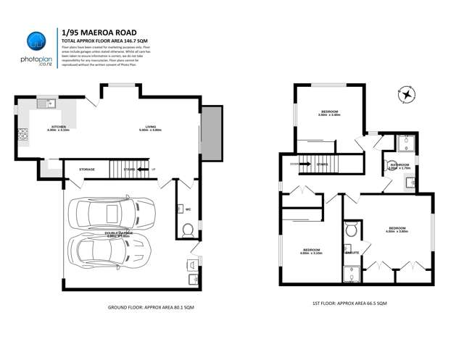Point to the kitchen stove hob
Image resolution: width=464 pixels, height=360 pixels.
point(22,133)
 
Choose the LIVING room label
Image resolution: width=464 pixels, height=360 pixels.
point(150,127)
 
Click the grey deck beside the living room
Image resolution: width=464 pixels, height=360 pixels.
point(211,133)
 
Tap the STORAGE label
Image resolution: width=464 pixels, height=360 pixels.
point(87,169)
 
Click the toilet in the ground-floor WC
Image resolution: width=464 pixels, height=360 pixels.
point(187,230)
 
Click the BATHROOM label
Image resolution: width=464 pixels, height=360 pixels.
point(400,165)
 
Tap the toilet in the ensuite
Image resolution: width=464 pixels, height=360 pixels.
point(351,230)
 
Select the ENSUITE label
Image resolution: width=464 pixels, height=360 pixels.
point(353,253)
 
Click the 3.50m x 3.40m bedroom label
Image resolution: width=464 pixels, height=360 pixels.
point(328,112)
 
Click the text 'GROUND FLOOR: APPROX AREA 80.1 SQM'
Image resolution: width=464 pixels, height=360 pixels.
point(151,307)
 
